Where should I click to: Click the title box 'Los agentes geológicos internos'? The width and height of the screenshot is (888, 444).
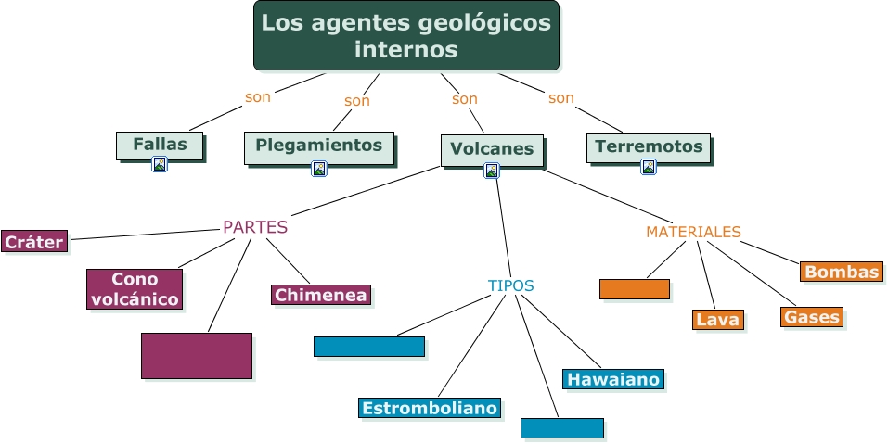coord(405,35)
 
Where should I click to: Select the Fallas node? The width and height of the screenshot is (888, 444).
coord(160,145)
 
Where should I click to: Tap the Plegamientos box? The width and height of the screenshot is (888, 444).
coord(318,146)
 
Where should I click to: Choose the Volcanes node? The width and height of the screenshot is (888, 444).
coord(491,149)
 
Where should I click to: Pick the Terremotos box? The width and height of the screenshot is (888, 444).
coord(649,146)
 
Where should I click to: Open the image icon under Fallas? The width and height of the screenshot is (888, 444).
coord(160,165)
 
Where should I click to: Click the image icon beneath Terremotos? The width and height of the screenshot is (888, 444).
coord(649,167)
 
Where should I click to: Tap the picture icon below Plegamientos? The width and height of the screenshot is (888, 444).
coord(319,169)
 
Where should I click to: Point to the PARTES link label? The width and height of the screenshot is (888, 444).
coord(255,227)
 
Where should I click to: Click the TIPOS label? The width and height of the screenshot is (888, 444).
coord(510,285)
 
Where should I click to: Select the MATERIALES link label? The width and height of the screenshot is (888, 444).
coord(693,232)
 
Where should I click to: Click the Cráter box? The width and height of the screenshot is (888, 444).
coord(33,242)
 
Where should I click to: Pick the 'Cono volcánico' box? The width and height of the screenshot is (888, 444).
coord(135,288)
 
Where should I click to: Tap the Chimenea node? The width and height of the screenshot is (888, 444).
coord(321,295)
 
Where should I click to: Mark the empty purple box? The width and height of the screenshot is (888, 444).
coord(196,355)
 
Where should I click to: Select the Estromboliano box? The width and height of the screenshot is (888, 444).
coord(430,408)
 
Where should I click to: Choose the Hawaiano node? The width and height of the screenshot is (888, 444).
coord(612,379)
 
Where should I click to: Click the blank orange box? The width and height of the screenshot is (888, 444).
coord(634,288)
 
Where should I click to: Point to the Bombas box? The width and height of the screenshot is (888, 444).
coord(841,272)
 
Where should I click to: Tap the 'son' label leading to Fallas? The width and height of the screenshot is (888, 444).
coord(257,96)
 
